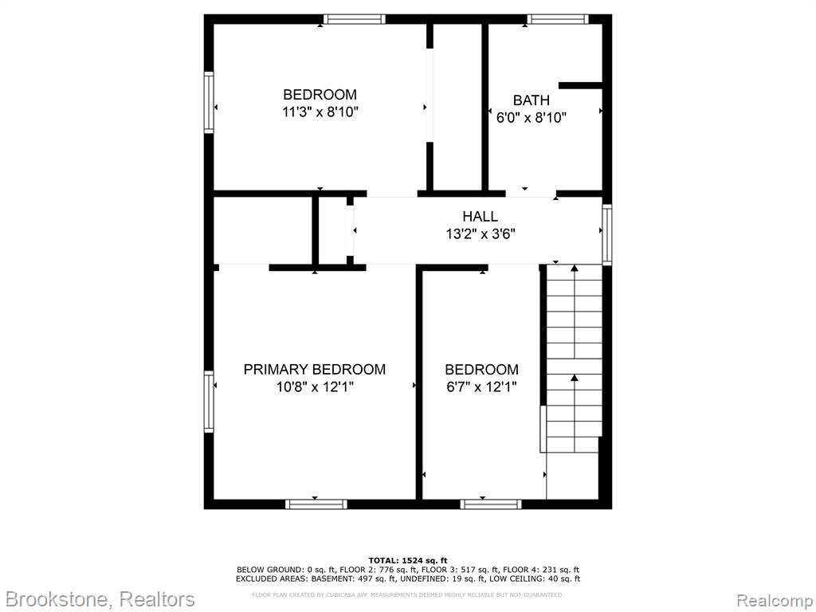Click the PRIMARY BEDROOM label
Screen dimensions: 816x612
pyautogui.click(x=314, y=370)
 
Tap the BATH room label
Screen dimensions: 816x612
pyautogui.click(x=531, y=100)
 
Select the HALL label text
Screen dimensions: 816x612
pyautogui.click(x=480, y=216)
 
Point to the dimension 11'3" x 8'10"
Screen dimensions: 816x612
pyautogui.click(x=320, y=112)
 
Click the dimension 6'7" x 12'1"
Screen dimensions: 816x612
pyautogui.click(x=481, y=387)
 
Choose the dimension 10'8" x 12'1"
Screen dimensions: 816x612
pyautogui.click(x=315, y=387)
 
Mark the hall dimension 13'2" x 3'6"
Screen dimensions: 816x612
pyautogui.click(x=480, y=234)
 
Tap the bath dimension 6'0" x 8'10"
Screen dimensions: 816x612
pyautogui.click(x=531, y=118)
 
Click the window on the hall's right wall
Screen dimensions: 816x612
pyautogui.click(x=606, y=233)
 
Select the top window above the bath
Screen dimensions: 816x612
pyautogui.click(x=557, y=19)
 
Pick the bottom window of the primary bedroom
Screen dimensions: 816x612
pyautogui.click(x=316, y=504)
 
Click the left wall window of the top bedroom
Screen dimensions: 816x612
pyautogui.click(x=209, y=102)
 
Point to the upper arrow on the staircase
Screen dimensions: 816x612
pyautogui.click(x=574, y=312)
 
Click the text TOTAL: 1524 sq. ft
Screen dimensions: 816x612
pyautogui.click(x=407, y=560)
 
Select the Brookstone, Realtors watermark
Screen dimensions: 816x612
pyautogui.click(x=100, y=599)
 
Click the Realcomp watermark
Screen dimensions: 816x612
pyautogui.click(x=775, y=600)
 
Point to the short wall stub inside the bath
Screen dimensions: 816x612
pyautogui.click(x=580, y=85)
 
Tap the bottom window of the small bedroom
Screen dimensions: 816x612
pyautogui.click(x=491, y=504)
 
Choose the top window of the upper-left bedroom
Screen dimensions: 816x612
pyautogui.click(x=354, y=19)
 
